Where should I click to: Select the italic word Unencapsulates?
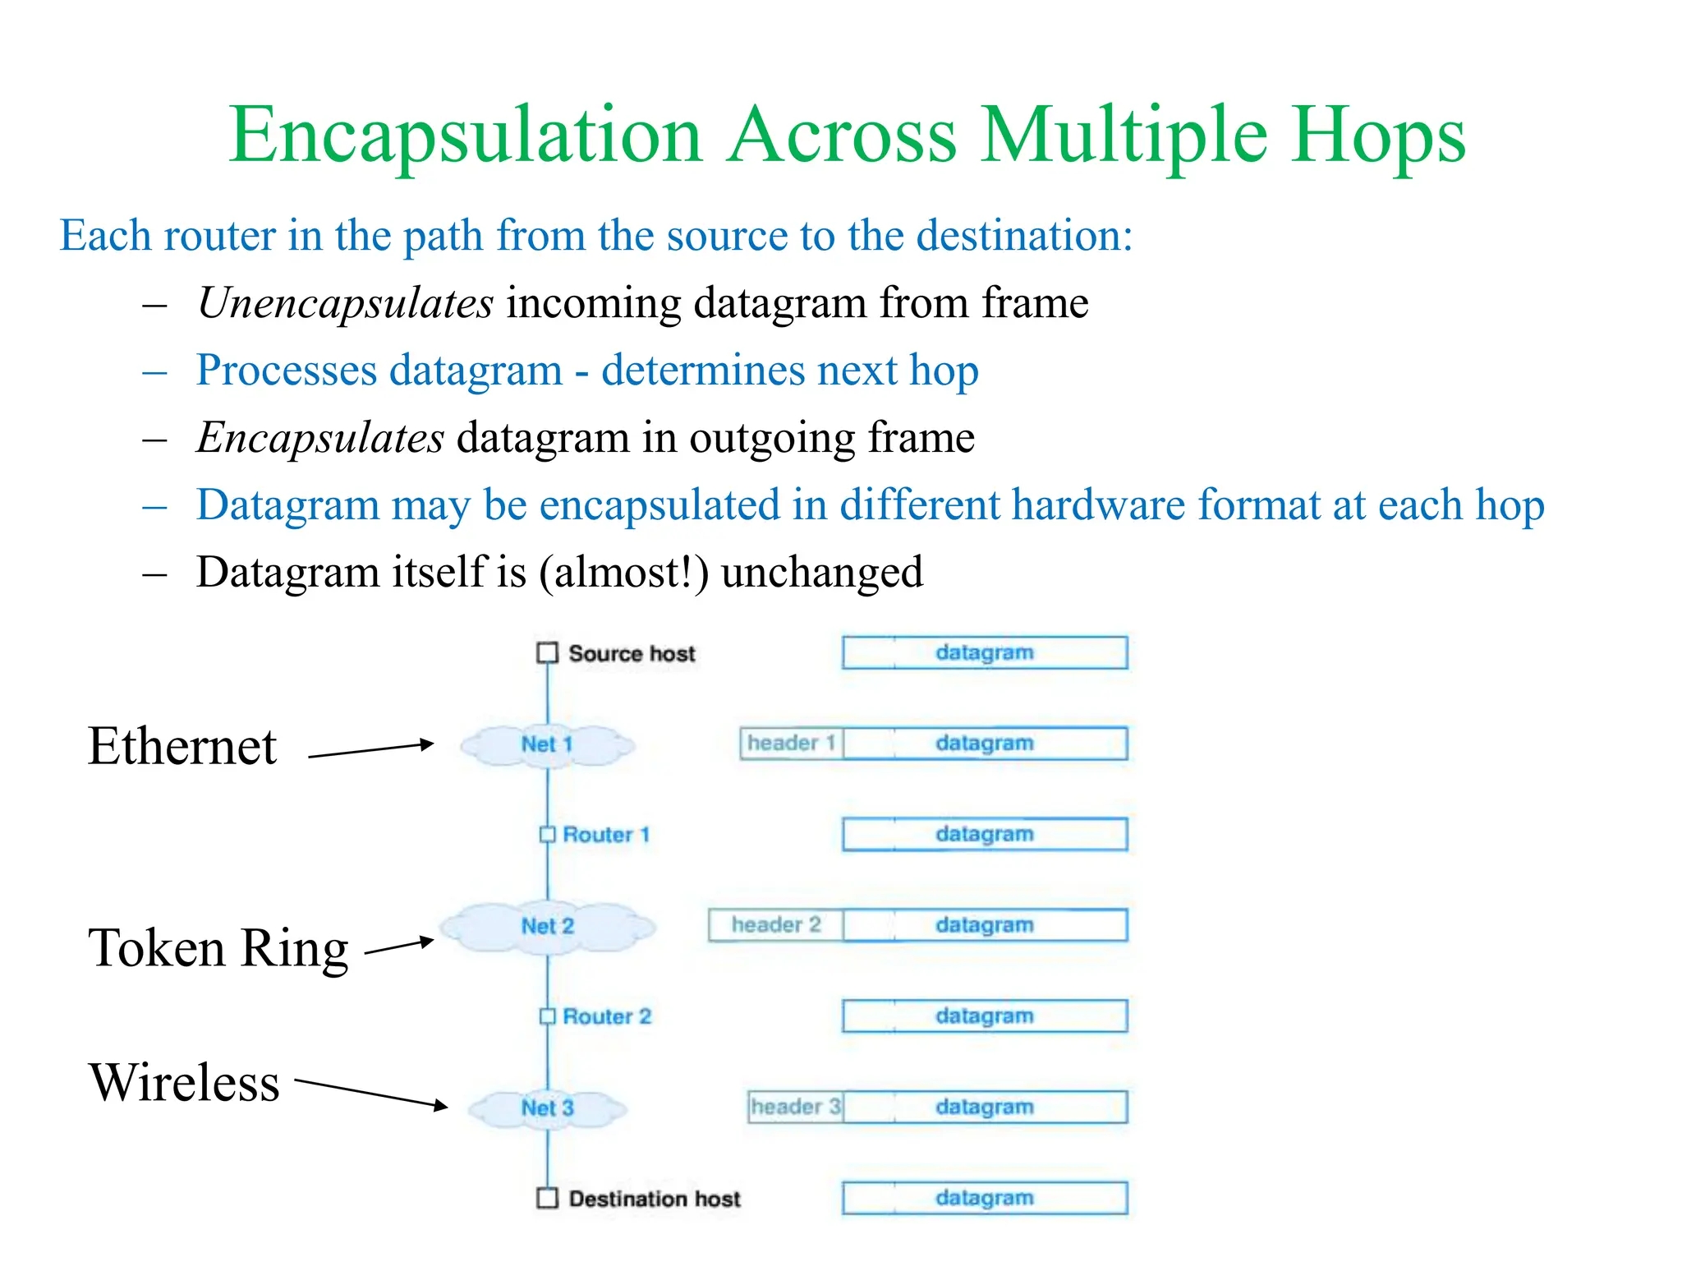[x=346, y=303]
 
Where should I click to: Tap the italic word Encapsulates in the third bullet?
[x=320, y=438]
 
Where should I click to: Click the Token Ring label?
[x=218, y=948]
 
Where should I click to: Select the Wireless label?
[x=185, y=1082]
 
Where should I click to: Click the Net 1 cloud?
[x=547, y=744]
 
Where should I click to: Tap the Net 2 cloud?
[x=547, y=926]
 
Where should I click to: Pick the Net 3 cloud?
[x=547, y=1108]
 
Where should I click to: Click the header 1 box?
[x=791, y=744]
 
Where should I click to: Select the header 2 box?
[x=776, y=925]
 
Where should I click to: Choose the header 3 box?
[x=795, y=1107]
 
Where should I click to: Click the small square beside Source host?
[x=547, y=653]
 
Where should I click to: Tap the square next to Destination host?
[x=547, y=1198]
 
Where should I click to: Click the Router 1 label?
[x=606, y=835]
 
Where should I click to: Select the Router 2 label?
[x=607, y=1016]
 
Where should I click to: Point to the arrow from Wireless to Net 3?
[x=370, y=1094]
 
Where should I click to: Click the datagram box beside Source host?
[x=985, y=652]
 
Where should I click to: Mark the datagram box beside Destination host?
[x=985, y=1198]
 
